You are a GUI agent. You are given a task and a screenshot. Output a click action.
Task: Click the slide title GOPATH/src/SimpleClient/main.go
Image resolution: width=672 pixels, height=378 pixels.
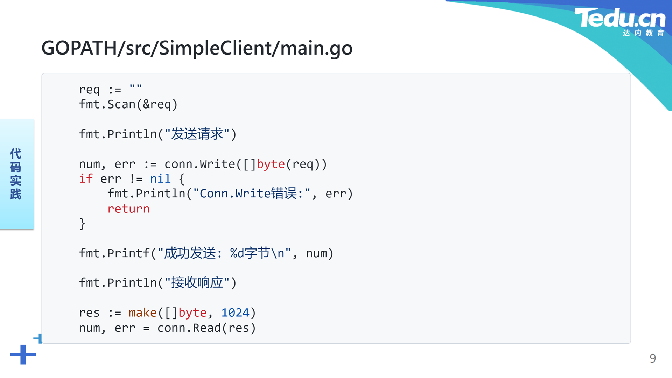(x=197, y=48)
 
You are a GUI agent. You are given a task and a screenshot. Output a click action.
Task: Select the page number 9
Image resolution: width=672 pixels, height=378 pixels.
(x=653, y=358)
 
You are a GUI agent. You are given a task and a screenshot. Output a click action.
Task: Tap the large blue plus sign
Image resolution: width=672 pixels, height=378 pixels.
(x=23, y=355)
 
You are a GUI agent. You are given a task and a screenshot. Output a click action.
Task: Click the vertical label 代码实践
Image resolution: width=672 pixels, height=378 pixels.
(x=16, y=174)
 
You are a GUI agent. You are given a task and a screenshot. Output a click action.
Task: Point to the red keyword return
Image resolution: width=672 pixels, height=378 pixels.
(x=128, y=209)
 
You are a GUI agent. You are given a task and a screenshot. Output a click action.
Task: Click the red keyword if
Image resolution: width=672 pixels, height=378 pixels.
(x=86, y=178)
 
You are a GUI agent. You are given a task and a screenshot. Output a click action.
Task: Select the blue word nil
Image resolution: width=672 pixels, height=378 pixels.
(x=160, y=178)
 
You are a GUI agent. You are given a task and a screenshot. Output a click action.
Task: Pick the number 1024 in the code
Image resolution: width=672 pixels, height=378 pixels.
(x=235, y=313)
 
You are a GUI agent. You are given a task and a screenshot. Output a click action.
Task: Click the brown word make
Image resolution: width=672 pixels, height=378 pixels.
(x=142, y=313)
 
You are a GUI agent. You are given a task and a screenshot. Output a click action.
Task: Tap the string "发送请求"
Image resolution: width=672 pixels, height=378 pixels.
(x=197, y=134)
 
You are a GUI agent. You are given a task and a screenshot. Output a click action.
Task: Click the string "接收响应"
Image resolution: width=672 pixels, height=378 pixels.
(x=197, y=282)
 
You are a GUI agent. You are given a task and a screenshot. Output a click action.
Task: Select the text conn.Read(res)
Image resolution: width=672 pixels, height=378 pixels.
(x=206, y=328)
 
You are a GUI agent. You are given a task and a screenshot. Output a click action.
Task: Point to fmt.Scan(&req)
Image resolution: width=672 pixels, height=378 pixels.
(x=128, y=104)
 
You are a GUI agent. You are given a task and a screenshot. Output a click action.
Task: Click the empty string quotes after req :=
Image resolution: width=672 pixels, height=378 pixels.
(x=135, y=86)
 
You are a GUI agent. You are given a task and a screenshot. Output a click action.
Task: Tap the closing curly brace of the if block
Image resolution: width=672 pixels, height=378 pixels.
(x=83, y=223)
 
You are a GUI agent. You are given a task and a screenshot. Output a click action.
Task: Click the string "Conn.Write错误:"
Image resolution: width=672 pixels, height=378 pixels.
(x=252, y=194)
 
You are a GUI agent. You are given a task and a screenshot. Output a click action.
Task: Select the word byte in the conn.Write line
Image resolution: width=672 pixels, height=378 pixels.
(x=271, y=164)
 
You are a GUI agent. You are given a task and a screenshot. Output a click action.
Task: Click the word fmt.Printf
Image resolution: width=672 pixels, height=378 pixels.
(x=114, y=253)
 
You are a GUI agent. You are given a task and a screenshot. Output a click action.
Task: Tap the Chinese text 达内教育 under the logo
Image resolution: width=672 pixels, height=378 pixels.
(x=643, y=33)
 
